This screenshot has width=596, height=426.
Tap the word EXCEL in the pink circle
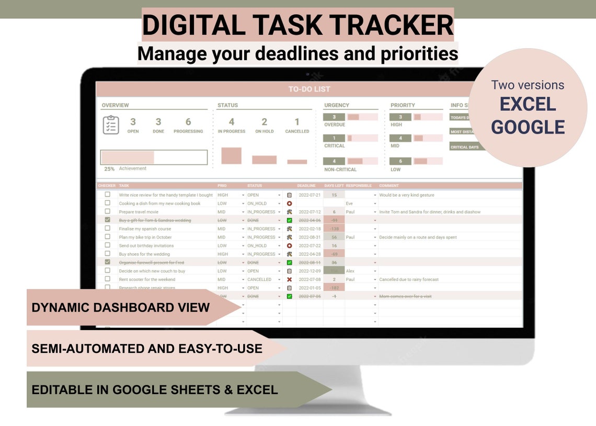tap(528, 105)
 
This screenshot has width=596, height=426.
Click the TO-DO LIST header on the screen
tap(309, 89)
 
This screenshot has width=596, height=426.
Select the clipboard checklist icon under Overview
tap(111, 125)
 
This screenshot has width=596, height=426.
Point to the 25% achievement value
tap(109, 169)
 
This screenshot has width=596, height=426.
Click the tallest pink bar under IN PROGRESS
tap(231, 155)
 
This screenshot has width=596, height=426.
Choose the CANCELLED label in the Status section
tap(297, 131)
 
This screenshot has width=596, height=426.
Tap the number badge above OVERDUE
tap(334, 117)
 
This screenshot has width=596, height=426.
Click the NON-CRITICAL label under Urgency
tap(340, 170)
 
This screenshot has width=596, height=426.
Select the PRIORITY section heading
tap(403, 105)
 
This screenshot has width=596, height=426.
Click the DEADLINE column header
tap(306, 186)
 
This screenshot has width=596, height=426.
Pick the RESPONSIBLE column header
tap(359, 186)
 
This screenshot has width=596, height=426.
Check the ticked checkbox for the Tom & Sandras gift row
tap(108, 220)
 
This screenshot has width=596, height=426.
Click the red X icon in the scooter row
tap(289, 279)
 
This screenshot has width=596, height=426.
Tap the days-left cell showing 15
tap(334, 195)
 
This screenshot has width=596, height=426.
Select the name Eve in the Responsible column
tap(349, 204)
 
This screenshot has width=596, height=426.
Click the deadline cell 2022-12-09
tap(310, 271)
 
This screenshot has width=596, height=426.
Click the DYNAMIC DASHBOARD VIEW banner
tap(121, 307)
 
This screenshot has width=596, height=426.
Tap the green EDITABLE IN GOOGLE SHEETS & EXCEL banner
tap(155, 390)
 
